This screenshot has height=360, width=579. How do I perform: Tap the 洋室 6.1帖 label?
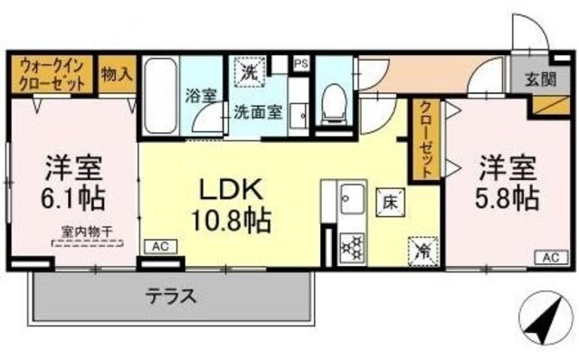75,182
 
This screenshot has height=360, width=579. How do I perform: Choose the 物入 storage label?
117,73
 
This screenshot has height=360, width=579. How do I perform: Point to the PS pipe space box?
301,63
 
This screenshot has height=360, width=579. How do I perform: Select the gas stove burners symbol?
350,245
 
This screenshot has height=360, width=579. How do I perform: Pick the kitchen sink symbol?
350,197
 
